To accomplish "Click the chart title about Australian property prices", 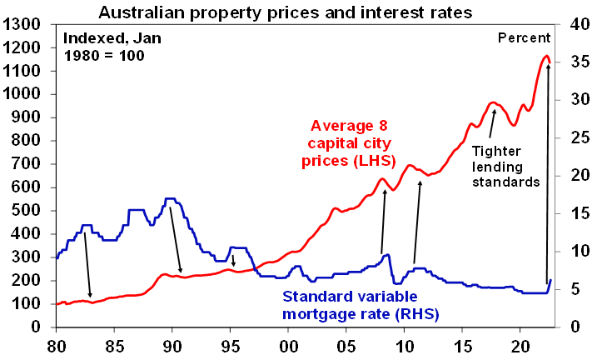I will (x=287, y=12).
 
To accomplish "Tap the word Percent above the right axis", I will (x=524, y=37).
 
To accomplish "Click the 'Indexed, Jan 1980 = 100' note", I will (x=105, y=47).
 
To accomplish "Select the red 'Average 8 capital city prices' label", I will (x=350, y=142).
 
